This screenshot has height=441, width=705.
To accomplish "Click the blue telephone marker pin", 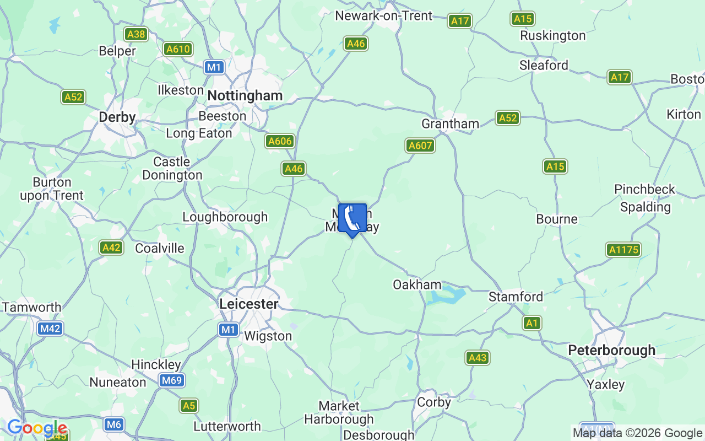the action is click(x=352, y=219).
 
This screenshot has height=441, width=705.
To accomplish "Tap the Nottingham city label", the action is click(x=245, y=96).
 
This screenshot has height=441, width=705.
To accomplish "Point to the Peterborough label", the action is click(x=611, y=350).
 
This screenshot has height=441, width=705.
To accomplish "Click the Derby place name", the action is click(x=117, y=117).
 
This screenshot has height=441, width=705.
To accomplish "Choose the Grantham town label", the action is click(x=450, y=123).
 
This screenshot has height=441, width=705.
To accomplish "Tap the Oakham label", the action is click(x=417, y=284).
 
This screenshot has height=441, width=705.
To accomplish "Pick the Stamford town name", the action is click(x=516, y=297).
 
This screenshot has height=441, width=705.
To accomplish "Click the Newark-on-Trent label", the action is click(x=384, y=16).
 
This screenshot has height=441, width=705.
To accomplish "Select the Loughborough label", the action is click(x=225, y=217).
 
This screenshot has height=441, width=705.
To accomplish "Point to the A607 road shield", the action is click(x=420, y=146).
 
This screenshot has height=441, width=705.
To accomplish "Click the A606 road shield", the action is click(x=280, y=141).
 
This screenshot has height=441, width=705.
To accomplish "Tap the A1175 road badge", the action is click(x=623, y=250).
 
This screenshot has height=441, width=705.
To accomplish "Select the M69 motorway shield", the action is click(x=172, y=380).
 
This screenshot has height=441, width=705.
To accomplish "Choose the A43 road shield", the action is click(x=477, y=358).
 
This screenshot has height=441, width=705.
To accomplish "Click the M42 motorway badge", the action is click(x=50, y=329).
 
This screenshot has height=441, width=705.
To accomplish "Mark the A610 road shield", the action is click(x=178, y=49).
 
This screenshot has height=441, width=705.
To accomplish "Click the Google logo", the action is click(x=37, y=428).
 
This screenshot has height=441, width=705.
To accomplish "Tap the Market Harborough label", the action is click(x=339, y=412).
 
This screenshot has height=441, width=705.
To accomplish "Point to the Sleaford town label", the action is click(x=544, y=65).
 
